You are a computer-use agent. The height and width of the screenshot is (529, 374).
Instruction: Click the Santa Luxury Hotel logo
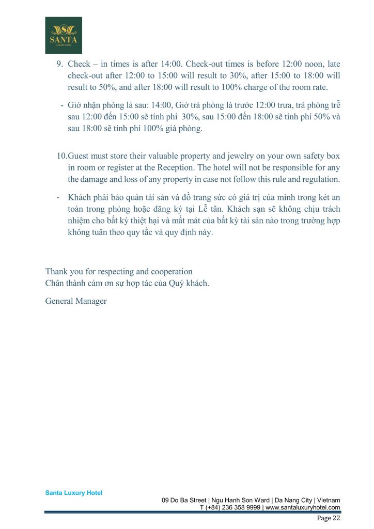(64, 35)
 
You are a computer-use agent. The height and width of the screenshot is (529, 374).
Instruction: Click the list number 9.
(59, 65)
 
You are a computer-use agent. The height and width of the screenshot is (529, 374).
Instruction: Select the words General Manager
(76, 301)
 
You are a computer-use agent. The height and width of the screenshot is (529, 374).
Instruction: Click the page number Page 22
(329, 518)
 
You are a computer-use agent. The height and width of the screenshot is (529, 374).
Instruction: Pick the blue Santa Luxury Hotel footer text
(74, 493)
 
